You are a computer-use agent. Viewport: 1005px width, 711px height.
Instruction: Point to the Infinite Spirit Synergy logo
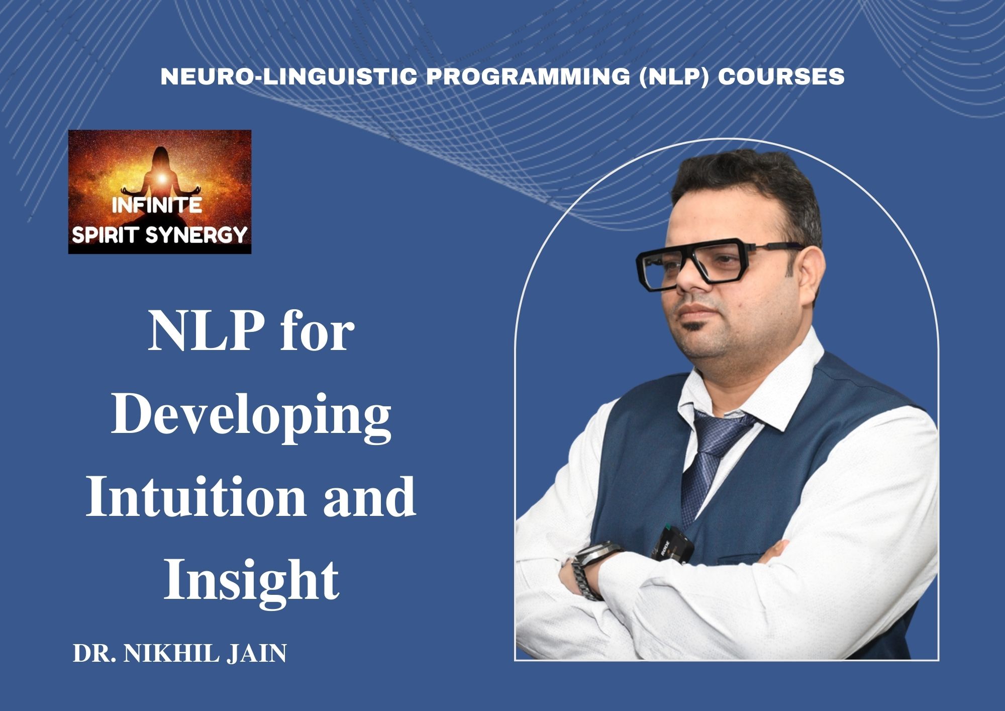click(159, 192)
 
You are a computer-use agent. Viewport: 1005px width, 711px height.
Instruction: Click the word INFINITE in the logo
click(157, 206)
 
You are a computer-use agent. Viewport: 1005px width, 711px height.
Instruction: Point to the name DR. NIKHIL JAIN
click(180, 654)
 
